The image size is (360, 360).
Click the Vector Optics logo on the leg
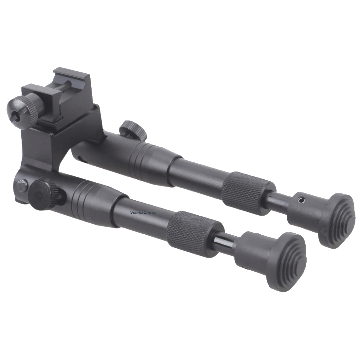[x=143, y=213]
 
